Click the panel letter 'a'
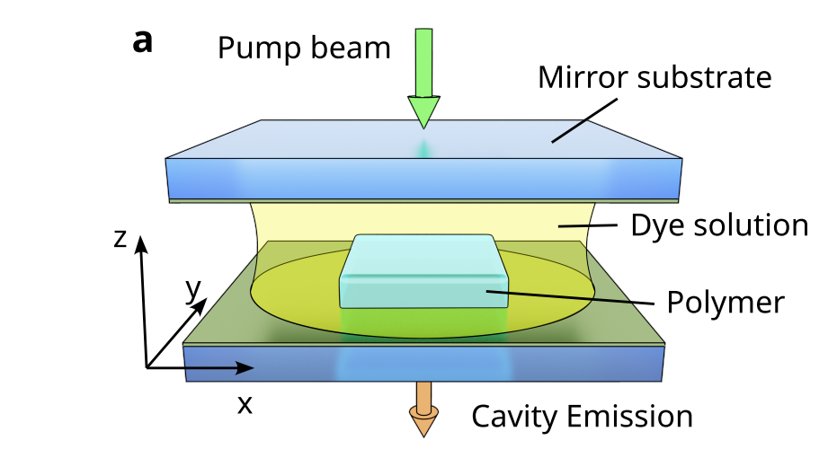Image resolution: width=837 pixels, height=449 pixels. (143, 40)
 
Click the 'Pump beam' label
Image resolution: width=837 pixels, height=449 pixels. (304, 47)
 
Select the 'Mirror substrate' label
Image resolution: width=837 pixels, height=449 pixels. (654, 77)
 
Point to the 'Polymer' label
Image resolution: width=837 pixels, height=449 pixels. (726, 302)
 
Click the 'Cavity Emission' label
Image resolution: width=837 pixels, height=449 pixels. (583, 417)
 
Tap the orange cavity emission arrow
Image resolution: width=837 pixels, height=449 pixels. (423, 409)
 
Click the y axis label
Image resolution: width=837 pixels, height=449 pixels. (191, 289)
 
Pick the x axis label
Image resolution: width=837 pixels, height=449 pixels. (244, 404)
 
